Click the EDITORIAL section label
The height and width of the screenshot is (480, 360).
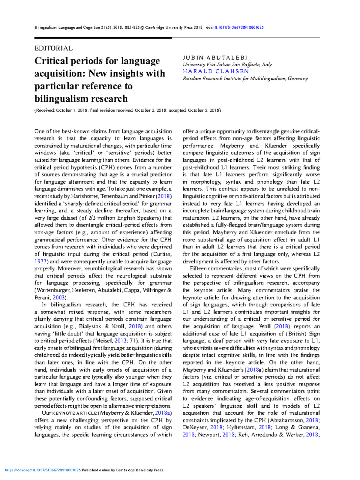(53, 48)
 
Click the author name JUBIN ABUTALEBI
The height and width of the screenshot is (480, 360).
(215, 58)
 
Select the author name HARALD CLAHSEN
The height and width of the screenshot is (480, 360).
(216, 71)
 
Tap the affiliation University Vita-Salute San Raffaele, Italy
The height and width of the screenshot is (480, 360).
(227, 64)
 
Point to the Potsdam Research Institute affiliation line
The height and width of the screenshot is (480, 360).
(245, 79)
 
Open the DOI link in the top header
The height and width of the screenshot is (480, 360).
(238, 28)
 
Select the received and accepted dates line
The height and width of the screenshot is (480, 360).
(127, 110)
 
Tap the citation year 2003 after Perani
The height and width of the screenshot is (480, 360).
(59, 298)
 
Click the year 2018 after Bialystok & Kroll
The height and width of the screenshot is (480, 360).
(135, 326)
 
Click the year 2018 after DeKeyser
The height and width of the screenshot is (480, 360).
(216, 427)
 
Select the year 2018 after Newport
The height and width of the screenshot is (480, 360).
(229, 435)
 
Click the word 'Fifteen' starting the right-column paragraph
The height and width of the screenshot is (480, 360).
(199, 269)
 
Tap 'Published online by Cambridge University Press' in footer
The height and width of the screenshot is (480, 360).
(122, 470)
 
